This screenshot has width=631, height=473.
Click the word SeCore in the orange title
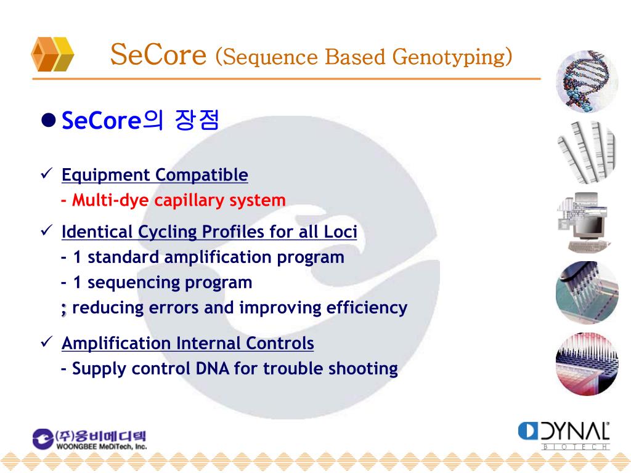pos(158,54)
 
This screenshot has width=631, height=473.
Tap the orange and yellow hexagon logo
pos(52,54)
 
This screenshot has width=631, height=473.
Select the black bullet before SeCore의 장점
pos(48,120)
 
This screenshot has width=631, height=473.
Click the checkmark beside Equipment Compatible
pos(47,174)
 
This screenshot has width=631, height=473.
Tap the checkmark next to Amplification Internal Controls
pos(47,342)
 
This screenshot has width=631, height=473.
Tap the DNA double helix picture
pos(587,81)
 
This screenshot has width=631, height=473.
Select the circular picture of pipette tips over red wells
pos(587,364)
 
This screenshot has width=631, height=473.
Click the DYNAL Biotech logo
pos(564,435)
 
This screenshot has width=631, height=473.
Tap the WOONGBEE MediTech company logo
pos(90,439)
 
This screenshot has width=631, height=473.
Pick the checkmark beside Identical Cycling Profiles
pos(47,230)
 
